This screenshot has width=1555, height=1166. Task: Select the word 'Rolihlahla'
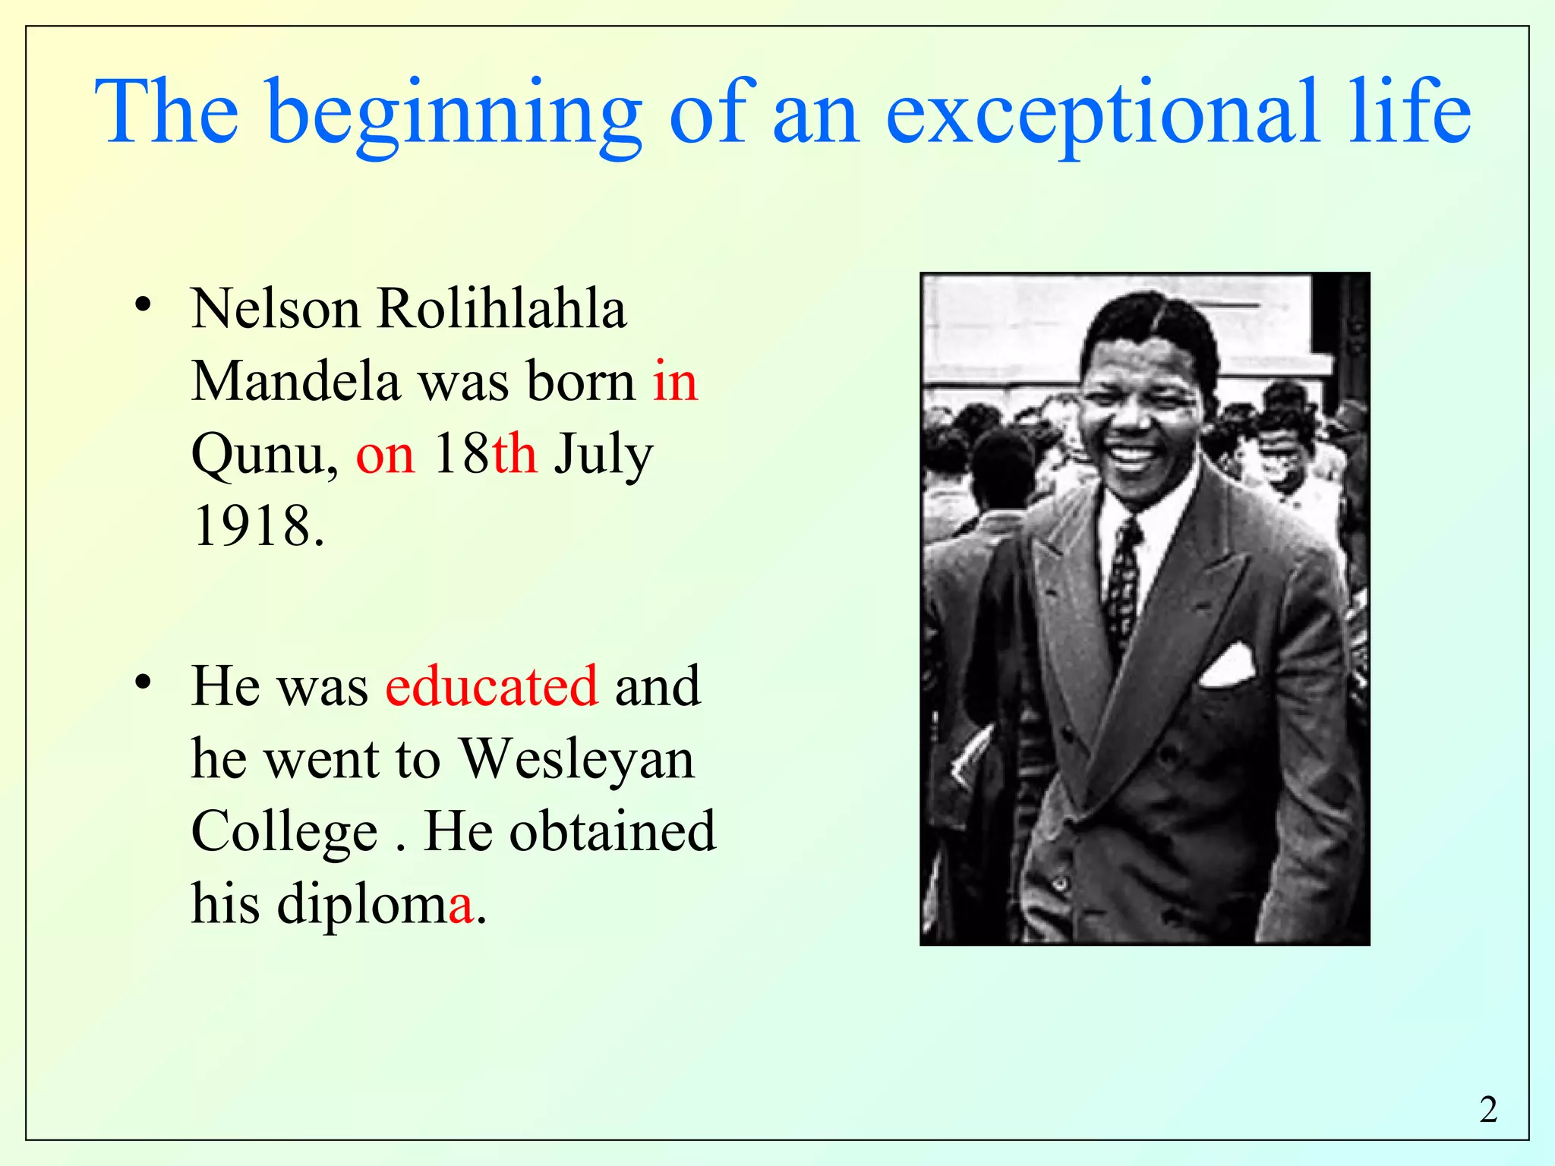click(x=501, y=310)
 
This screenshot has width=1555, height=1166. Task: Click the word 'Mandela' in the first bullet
click(x=295, y=381)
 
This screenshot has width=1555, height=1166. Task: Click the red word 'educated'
click(x=491, y=685)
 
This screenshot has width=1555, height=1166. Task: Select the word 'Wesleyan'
click(x=578, y=759)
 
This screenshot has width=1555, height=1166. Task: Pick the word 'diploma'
click(x=376, y=904)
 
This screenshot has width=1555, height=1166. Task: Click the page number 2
click(x=1488, y=1110)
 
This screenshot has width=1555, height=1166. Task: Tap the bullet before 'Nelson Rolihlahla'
click(x=142, y=306)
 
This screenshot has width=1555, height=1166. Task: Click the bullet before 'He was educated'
click(x=142, y=682)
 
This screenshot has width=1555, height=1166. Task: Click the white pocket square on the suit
click(x=1226, y=666)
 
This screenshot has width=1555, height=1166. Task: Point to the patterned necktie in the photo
click(x=1121, y=585)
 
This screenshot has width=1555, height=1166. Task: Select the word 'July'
click(x=603, y=455)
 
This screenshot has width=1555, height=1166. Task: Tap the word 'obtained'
click(x=612, y=831)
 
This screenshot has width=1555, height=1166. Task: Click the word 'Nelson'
click(x=276, y=310)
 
